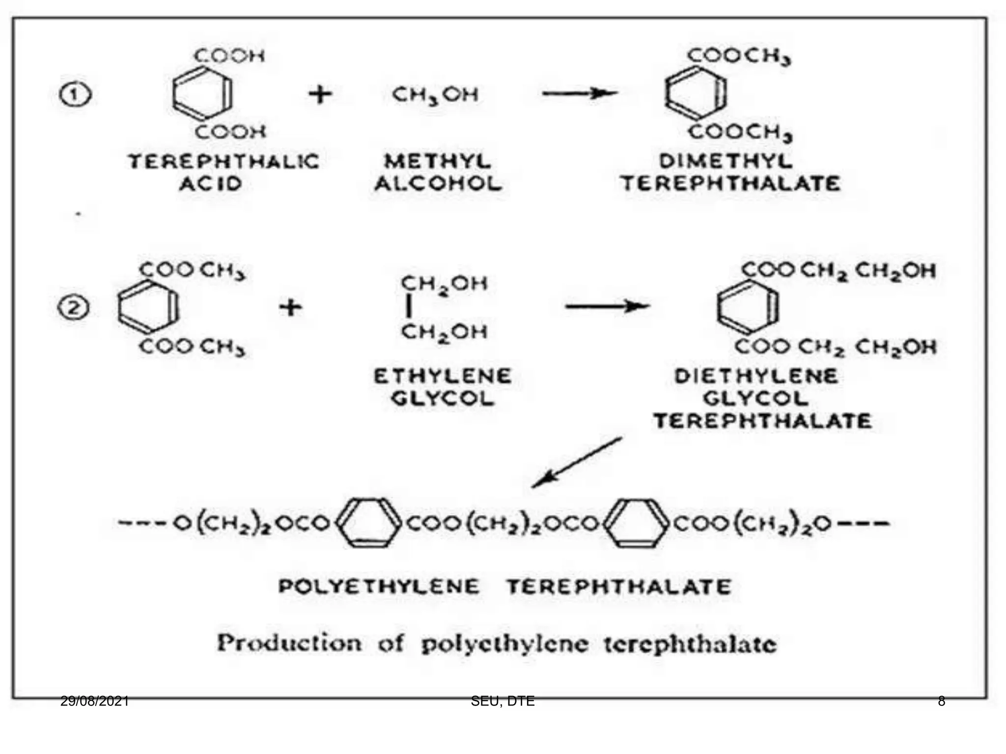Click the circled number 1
(x=75, y=95)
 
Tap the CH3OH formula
(x=435, y=94)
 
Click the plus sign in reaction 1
(x=320, y=94)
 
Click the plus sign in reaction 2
(x=291, y=308)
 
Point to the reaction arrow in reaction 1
(x=580, y=93)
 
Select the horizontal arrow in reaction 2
(x=607, y=307)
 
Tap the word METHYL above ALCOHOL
(x=437, y=162)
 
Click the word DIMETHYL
(x=726, y=161)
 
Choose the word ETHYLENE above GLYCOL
(x=443, y=377)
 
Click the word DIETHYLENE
(x=756, y=377)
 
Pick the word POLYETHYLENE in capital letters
(x=379, y=587)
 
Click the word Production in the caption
(x=289, y=643)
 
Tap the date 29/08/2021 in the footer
(x=94, y=701)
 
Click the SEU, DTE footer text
(x=503, y=701)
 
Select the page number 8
(x=941, y=701)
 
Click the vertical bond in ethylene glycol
(x=408, y=308)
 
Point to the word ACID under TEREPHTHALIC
(x=211, y=184)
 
